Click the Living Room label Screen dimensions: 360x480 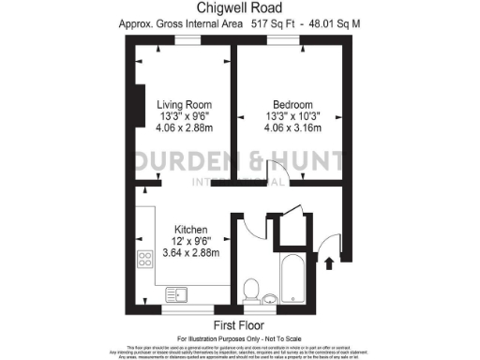184,104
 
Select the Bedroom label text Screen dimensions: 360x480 292,104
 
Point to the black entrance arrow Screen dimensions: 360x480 328,264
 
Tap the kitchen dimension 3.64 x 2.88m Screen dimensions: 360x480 191,253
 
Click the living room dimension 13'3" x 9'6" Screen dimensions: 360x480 184,116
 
